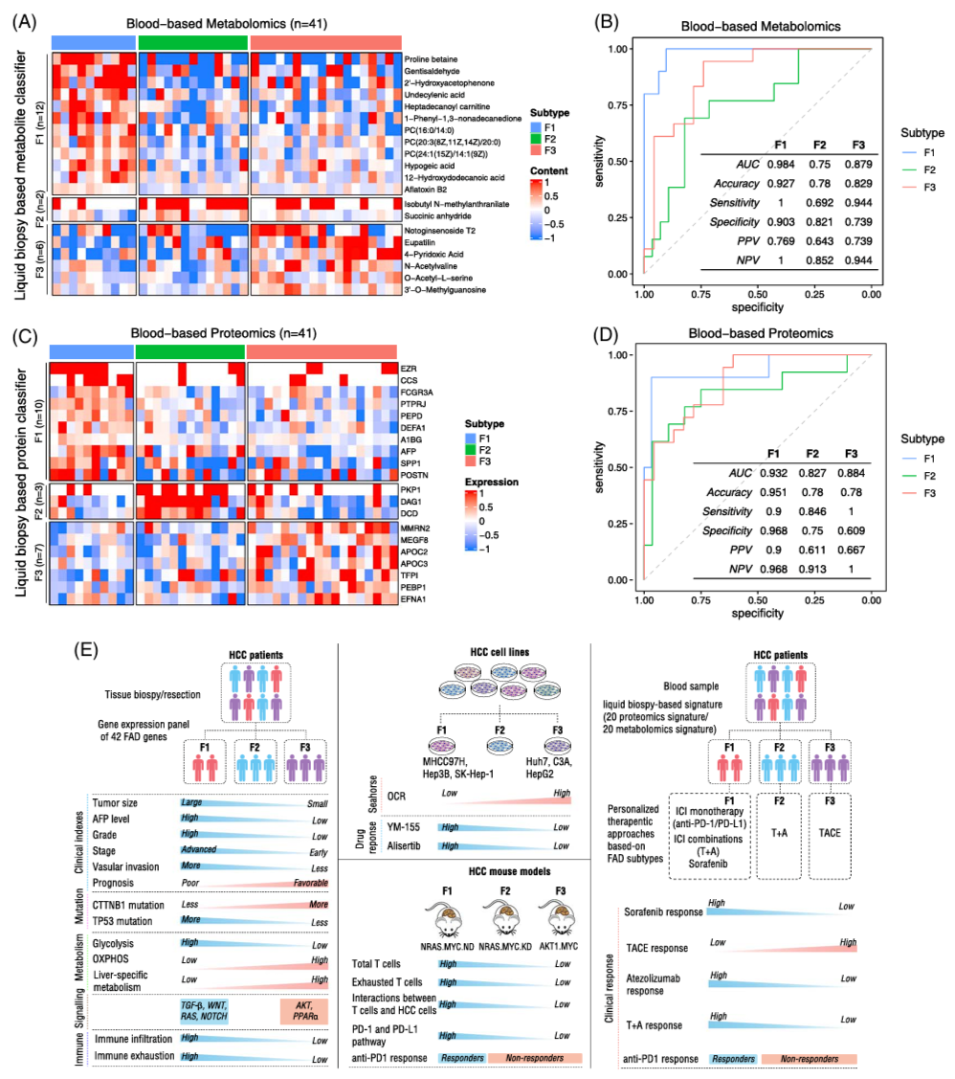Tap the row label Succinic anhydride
[x=441, y=216]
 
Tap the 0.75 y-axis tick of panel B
[x=623, y=105]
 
